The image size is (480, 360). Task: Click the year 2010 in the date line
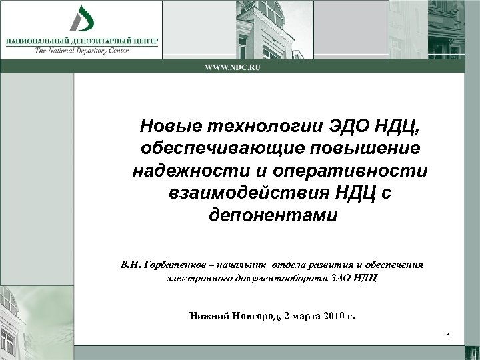pos(331,316)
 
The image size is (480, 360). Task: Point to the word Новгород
pos(251,316)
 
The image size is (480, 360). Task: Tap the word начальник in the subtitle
pos(251,265)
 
